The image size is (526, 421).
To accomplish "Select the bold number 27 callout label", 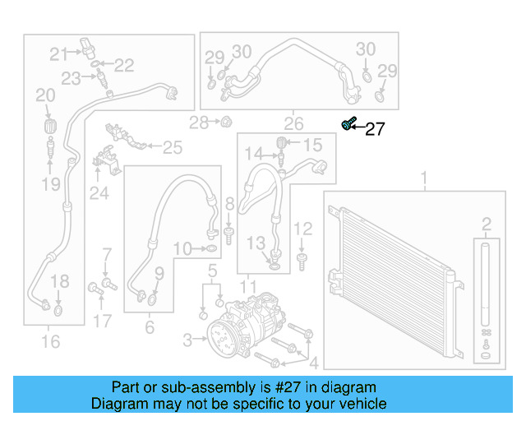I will point(375,129).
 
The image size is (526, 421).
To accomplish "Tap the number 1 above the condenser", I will point(425,178).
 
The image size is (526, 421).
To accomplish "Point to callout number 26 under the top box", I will point(293,125).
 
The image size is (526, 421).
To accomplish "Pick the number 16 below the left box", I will point(50,340).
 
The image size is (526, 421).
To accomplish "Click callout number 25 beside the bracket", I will point(172,148).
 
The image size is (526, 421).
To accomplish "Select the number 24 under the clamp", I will point(99,193).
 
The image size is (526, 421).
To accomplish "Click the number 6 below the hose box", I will point(150,328).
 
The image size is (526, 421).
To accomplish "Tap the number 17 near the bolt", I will point(101,321).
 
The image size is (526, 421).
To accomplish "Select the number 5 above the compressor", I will point(211,270).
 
